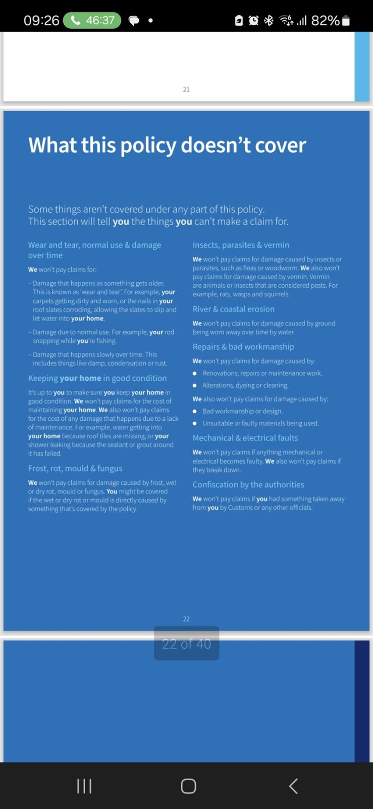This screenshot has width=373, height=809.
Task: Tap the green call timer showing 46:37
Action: [x=92, y=20]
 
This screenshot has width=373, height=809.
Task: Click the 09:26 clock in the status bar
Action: [x=41, y=20]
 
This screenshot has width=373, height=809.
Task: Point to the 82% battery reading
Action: [x=325, y=20]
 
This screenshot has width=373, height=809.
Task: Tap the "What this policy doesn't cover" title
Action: [x=167, y=145]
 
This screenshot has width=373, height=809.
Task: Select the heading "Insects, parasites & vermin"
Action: [x=241, y=245]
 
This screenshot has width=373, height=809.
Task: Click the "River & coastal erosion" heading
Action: [x=233, y=309]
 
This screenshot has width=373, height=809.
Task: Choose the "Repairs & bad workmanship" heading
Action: [x=243, y=347]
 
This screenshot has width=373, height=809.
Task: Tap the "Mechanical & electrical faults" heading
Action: [x=245, y=438]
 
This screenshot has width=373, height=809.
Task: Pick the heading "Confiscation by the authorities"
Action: [x=248, y=484]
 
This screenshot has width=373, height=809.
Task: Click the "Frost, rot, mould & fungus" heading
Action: [x=75, y=469]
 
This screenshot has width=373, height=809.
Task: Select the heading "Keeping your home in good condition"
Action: [x=97, y=378]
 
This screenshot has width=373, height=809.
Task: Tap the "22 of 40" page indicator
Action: [x=186, y=644]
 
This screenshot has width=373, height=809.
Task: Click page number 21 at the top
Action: [x=186, y=89]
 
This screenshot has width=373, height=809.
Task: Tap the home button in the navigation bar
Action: [x=188, y=786]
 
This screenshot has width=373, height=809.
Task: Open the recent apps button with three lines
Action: [x=84, y=786]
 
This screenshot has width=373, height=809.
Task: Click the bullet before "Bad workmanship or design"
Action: [x=195, y=411]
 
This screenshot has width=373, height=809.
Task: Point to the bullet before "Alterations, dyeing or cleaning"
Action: [x=195, y=385]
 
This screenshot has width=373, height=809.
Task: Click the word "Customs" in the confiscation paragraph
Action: [x=240, y=508]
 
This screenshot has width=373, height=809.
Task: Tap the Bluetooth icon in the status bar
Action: [x=269, y=20]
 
